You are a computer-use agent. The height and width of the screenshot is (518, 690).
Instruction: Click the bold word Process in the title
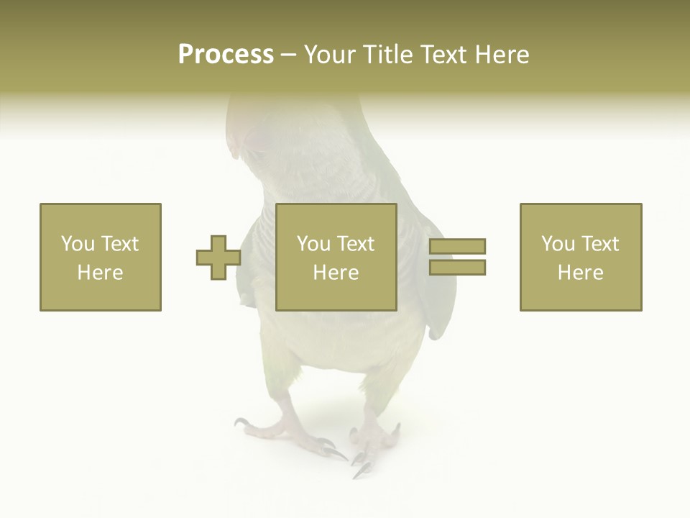click(x=226, y=55)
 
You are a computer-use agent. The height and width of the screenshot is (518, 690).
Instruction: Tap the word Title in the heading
click(x=386, y=55)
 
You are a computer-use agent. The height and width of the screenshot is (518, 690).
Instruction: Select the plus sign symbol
click(x=218, y=258)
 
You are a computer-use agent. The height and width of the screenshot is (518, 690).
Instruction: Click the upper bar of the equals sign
click(x=457, y=247)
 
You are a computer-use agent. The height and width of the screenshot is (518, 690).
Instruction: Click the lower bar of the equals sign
click(x=457, y=268)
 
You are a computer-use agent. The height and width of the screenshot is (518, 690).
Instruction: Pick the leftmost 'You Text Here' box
click(x=100, y=257)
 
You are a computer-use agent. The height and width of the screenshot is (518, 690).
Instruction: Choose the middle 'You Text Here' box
click(x=336, y=257)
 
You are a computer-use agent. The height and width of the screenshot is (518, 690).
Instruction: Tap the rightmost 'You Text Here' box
click(x=580, y=257)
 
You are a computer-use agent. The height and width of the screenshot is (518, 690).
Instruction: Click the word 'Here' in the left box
click(x=100, y=273)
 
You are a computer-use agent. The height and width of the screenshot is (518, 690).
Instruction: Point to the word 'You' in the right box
click(x=558, y=244)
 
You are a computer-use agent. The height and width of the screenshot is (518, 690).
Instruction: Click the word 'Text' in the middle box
click(x=355, y=244)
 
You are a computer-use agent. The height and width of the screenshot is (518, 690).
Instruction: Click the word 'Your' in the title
click(x=327, y=55)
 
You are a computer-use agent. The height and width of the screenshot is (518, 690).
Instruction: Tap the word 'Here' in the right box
click(x=580, y=273)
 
